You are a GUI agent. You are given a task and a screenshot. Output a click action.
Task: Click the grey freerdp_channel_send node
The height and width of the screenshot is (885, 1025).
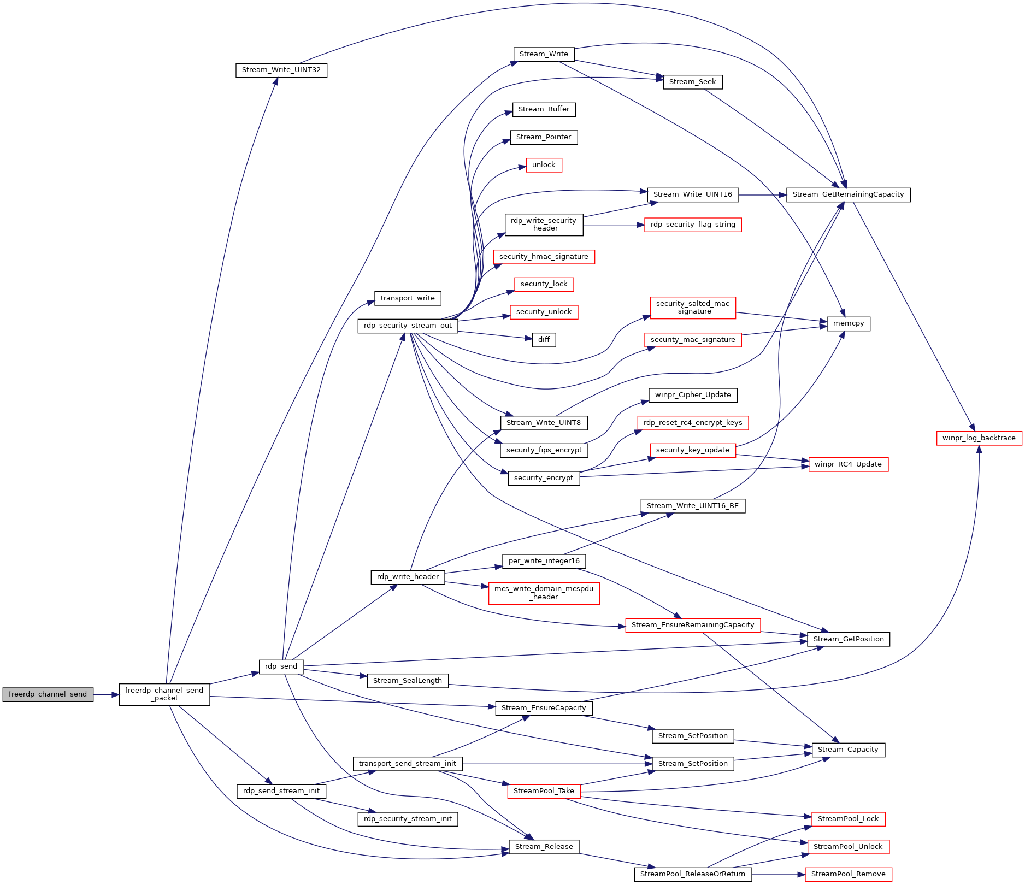tap(48, 694)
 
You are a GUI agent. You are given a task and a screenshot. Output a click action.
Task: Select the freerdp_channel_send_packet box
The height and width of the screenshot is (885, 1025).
tap(164, 694)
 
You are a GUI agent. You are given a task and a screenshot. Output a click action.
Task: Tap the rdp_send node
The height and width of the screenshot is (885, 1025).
tap(281, 666)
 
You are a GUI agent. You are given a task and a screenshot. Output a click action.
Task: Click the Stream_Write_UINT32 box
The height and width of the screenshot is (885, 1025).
tap(281, 70)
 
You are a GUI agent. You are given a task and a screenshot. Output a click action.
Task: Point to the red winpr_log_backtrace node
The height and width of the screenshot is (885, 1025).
tap(979, 438)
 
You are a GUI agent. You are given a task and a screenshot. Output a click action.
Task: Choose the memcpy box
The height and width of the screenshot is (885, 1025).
tap(849, 323)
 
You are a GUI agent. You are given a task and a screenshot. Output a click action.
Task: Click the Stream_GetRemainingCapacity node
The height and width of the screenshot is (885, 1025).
tap(849, 194)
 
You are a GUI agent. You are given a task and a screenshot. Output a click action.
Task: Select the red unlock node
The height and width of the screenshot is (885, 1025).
tap(544, 165)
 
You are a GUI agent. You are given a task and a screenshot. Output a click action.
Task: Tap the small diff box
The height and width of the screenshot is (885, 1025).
tap(544, 340)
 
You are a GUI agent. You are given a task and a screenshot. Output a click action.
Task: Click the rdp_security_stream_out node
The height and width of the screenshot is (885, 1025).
tap(408, 326)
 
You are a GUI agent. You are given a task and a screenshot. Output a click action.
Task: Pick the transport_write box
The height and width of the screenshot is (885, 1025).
tap(408, 298)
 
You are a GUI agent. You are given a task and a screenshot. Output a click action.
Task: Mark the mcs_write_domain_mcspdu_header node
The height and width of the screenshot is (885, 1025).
tap(544, 593)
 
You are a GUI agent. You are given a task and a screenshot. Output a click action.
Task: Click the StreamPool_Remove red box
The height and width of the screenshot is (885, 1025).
tap(849, 874)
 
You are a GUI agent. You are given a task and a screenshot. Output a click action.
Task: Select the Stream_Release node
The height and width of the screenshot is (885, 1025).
tap(544, 847)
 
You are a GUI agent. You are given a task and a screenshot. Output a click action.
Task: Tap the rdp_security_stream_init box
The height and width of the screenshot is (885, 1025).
tap(408, 819)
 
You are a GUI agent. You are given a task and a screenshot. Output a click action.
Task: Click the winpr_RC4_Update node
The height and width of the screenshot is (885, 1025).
tap(849, 464)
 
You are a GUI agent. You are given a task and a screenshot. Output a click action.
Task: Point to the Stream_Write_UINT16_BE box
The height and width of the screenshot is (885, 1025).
tap(693, 506)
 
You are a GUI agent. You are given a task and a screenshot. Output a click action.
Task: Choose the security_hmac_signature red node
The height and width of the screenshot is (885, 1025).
tap(544, 257)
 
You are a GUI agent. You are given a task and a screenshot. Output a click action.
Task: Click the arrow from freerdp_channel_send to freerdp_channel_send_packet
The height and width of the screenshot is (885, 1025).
tap(107, 695)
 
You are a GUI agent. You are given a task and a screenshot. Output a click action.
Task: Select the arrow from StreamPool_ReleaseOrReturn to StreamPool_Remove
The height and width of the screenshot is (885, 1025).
tap(779, 875)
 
